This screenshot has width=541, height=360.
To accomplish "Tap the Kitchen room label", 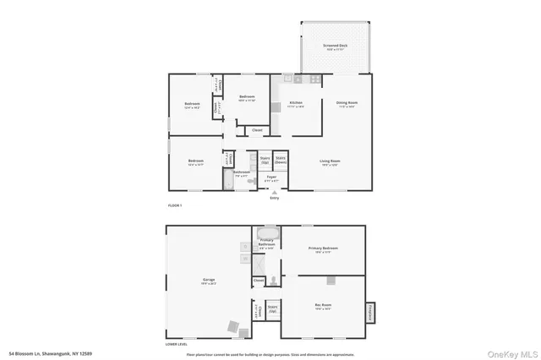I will tap(296, 105).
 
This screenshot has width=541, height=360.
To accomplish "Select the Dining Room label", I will tap(347, 104).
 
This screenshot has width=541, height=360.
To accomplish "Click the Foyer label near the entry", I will tap(271, 177).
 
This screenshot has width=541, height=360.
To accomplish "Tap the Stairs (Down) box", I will tap(281, 159).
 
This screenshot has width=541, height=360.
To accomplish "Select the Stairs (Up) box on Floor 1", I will tap(265, 159).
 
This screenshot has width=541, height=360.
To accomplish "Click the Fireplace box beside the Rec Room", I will tap(370, 314).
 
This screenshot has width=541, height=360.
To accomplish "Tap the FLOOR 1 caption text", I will tap(175, 205).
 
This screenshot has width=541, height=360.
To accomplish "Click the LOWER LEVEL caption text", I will tap(177, 344).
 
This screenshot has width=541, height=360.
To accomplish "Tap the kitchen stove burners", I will tap(314, 79).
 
